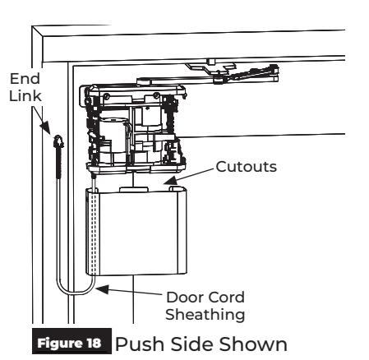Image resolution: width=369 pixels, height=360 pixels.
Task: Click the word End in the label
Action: point(25,79)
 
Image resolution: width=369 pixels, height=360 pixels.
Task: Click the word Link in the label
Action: point(25,96)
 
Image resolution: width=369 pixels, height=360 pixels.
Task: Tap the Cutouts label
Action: point(247,167)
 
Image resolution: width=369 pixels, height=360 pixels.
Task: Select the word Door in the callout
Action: point(185,298)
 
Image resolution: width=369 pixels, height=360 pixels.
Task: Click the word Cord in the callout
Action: point(227,298)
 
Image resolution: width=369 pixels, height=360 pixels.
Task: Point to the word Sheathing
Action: point(205,315)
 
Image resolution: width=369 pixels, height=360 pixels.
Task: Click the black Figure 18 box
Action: point(71,341)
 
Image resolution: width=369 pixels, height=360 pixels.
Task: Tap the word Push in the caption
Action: point(141,344)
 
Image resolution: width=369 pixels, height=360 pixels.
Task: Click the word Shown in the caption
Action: point(253,344)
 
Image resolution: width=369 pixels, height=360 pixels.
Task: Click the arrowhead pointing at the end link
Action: point(46,127)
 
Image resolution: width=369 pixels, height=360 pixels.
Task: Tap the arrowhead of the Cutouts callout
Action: point(170,180)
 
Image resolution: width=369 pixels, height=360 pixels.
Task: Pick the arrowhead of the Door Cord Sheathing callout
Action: point(103,289)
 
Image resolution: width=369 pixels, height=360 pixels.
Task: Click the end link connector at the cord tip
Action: point(58,142)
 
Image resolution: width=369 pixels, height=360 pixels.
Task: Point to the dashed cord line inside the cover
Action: point(94,233)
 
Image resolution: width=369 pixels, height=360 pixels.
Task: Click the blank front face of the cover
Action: point(138,233)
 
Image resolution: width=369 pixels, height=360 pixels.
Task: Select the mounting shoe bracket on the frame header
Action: point(211,67)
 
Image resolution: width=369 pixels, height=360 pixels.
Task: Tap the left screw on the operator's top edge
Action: point(107,96)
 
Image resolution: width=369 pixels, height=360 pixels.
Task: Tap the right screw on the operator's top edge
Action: point(156,95)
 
